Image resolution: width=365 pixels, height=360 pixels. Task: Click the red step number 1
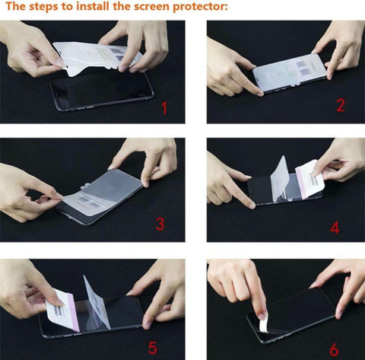point(164,107)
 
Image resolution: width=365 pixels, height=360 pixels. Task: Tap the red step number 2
point(341,105)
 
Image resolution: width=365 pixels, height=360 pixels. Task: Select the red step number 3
point(160,224)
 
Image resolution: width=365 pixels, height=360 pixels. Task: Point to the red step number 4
point(335,228)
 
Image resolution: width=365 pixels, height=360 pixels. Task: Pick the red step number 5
point(152,348)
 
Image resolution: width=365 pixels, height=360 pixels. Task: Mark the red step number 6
point(334,349)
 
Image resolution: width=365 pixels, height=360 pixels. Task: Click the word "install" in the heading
point(93,6)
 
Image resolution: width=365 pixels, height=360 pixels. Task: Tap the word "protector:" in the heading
point(200,7)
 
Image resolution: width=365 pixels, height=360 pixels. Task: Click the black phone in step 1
point(101,91)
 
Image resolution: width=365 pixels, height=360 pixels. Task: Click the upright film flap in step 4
point(281,178)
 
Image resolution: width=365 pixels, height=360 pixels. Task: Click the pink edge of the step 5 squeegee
point(74,313)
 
